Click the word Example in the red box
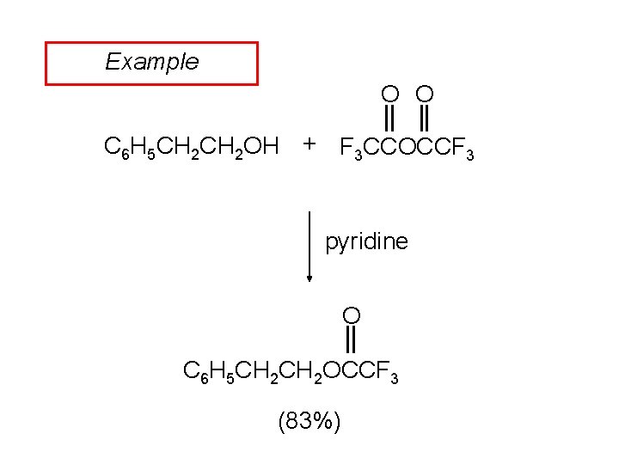tap(151, 62)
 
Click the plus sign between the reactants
tap(309, 143)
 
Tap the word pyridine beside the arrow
tap(366, 242)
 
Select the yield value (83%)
tap(309, 421)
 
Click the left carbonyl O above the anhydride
tap(390, 93)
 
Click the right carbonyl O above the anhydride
tap(424, 93)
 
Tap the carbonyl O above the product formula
tap(351, 315)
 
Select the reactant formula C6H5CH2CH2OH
tap(191, 147)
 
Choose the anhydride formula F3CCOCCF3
tap(407, 150)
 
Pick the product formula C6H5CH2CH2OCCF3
tap(291, 372)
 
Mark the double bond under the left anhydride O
tap(390, 116)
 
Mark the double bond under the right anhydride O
tap(424, 116)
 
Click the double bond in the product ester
tap(351, 340)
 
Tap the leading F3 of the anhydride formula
tap(352, 150)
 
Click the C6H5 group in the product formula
tap(207, 372)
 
